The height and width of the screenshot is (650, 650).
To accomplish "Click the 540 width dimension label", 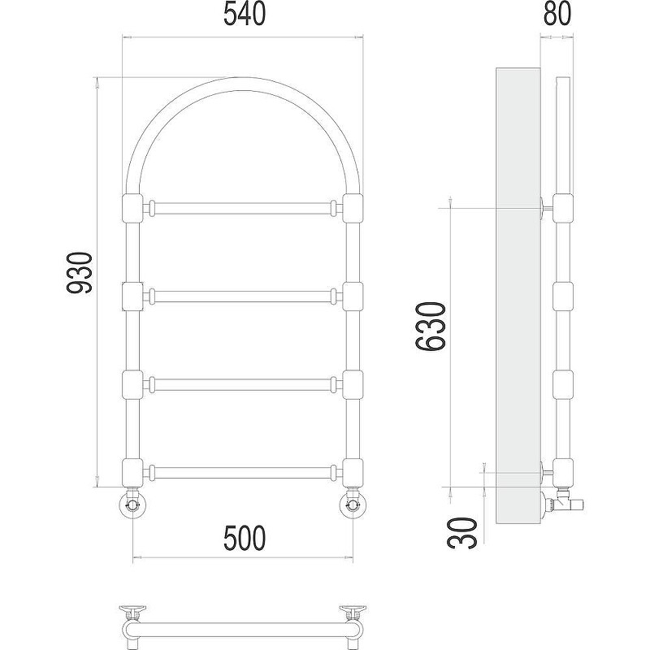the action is pos(245,14).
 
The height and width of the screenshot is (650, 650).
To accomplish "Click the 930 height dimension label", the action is pos(79,273).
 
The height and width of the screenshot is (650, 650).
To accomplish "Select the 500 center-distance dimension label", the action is pos(245,538).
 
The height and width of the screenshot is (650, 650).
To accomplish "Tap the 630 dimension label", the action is pos(431,327).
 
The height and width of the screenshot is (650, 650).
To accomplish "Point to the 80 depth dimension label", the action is pos(557,13).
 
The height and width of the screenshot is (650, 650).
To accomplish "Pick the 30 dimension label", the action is pos(463,533).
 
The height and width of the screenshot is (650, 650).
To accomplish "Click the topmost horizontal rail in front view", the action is pos(242,208).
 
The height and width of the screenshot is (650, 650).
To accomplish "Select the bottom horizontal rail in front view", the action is pos(242,473).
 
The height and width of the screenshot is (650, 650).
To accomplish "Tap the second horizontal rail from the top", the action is pos(242,297).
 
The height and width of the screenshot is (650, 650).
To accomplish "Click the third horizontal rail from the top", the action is pos(242,384).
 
